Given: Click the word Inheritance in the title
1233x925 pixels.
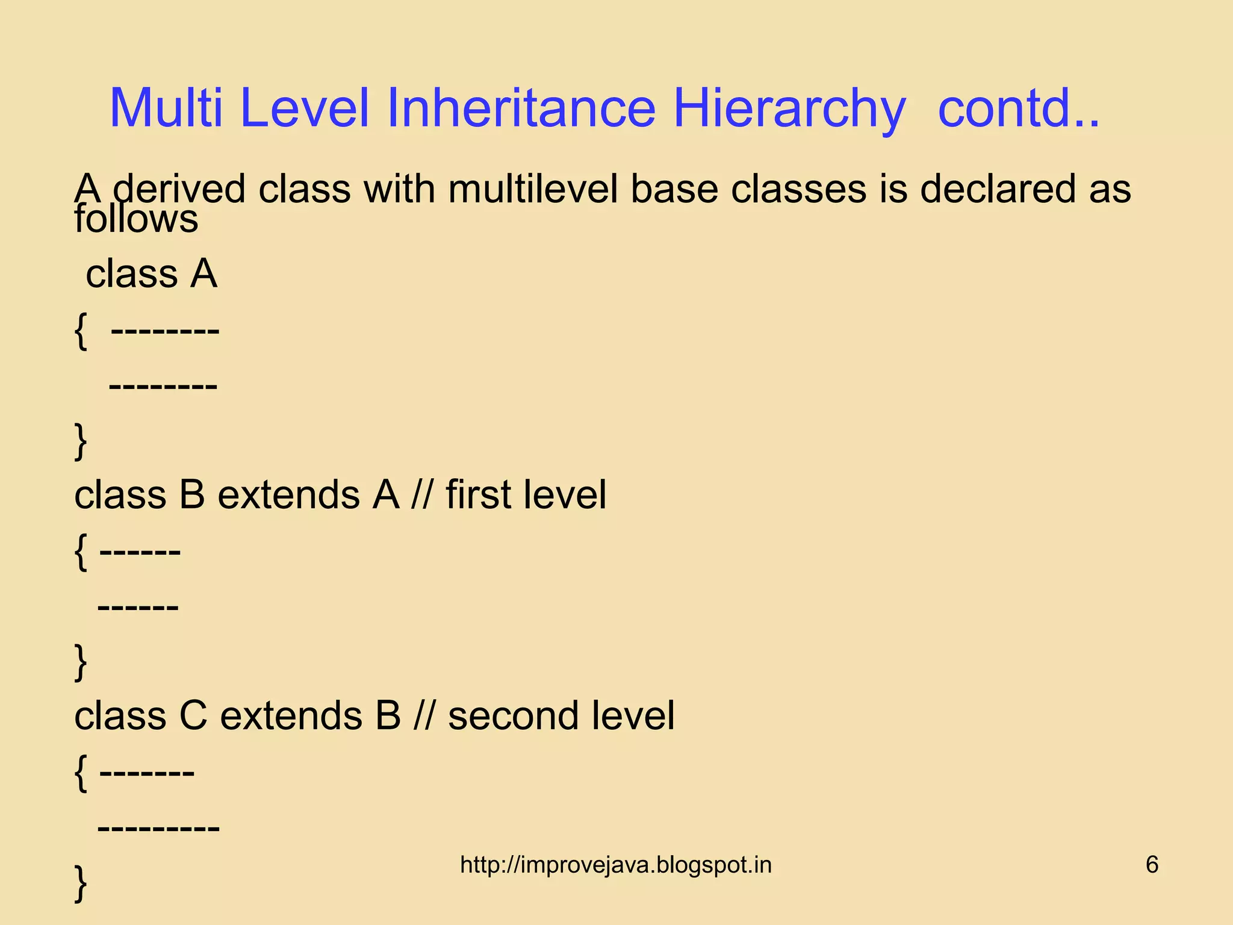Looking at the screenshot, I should (521, 108).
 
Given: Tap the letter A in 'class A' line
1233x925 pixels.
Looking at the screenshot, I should (203, 274).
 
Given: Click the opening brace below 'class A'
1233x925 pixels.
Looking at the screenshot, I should (81, 331).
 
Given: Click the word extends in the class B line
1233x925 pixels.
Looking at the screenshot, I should (289, 495).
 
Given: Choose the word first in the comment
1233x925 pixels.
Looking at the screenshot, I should (478, 495).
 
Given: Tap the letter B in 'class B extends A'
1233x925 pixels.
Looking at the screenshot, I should (192, 495).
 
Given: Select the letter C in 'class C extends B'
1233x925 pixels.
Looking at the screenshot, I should (193, 716).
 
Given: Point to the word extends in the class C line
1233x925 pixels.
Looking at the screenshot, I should (291, 716).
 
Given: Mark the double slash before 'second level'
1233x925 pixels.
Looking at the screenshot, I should (424, 716).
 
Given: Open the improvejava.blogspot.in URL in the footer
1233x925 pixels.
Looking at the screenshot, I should (615, 865).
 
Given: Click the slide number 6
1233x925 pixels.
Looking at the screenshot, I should (1152, 865).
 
